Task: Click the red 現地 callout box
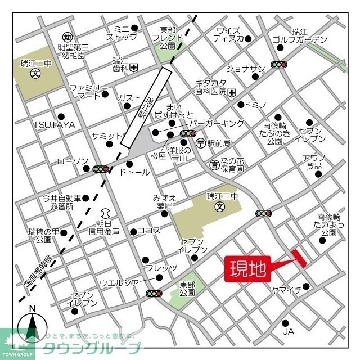pos(248,269)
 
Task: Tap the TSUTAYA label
pos(54,124)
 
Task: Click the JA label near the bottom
pos(288,332)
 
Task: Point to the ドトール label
pos(134,172)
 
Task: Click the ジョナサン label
pos(245,69)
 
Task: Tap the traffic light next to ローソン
pos(101,169)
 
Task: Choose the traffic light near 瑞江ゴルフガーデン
pos(279,65)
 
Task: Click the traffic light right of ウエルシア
pos(154,293)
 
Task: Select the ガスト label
pos(128,98)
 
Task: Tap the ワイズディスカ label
pos(228,34)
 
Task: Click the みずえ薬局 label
pos(164,201)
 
